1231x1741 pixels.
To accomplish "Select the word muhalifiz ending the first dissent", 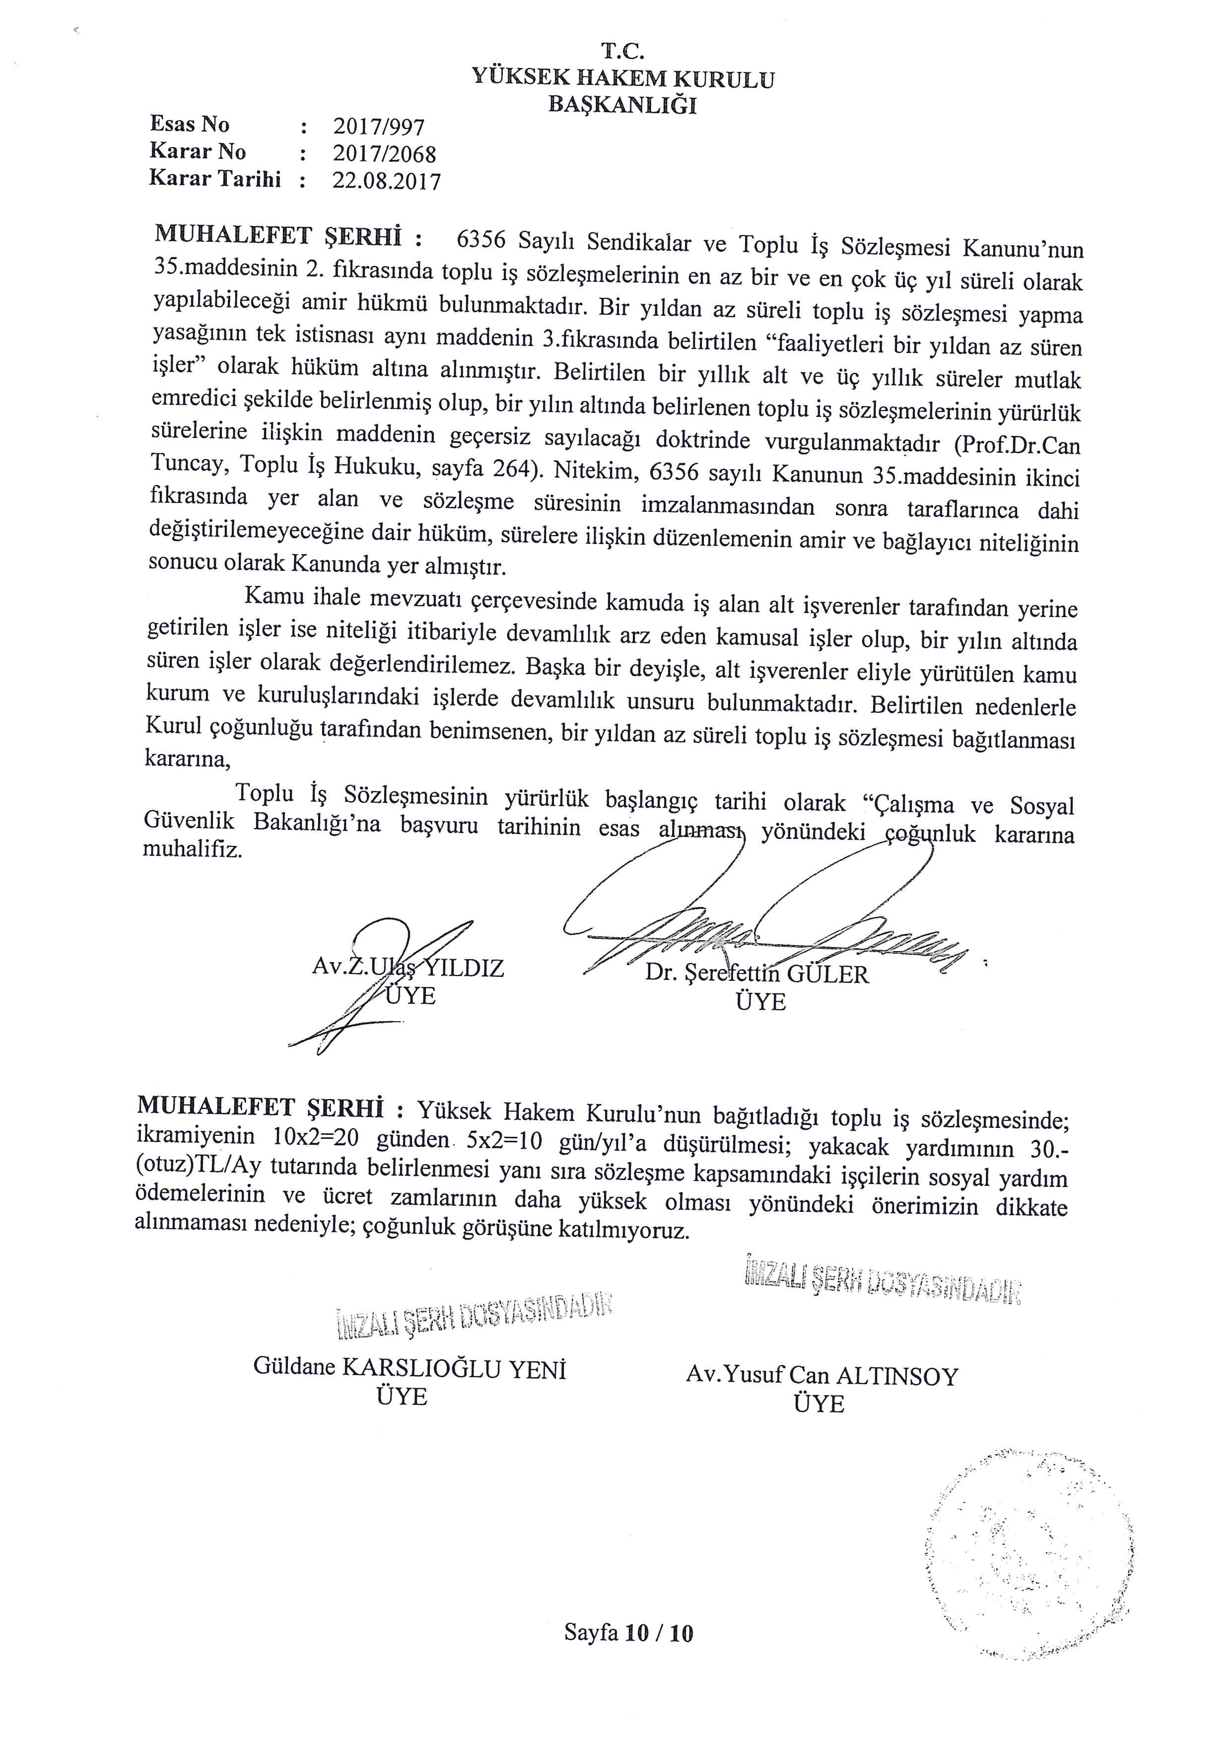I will pos(193,849).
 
